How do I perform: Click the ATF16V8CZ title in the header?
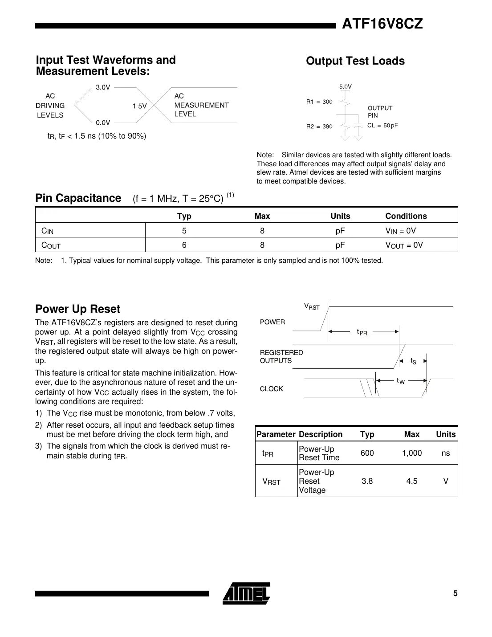coord(382,24)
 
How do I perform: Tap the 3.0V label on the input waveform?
coord(103,87)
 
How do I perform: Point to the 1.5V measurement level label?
coord(139,106)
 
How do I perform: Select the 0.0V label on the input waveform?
coord(103,123)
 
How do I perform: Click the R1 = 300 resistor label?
coord(319,102)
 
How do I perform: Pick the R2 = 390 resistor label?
coord(319,127)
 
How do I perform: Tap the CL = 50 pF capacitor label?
coord(382,126)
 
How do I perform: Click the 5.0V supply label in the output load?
coord(346,87)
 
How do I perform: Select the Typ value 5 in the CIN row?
coord(184,231)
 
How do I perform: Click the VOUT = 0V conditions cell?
coord(404,245)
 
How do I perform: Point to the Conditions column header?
coord(406,216)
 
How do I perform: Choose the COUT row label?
coord(51,245)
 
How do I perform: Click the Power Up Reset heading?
coord(77,309)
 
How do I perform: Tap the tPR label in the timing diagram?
coord(362,332)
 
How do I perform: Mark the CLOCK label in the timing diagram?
coord(271,389)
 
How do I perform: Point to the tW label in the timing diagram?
coord(401,381)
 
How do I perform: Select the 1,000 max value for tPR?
coord(411,453)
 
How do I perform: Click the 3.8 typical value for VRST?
coord(367,481)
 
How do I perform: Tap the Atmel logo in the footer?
coord(246,593)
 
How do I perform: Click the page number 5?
coord(455,593)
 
